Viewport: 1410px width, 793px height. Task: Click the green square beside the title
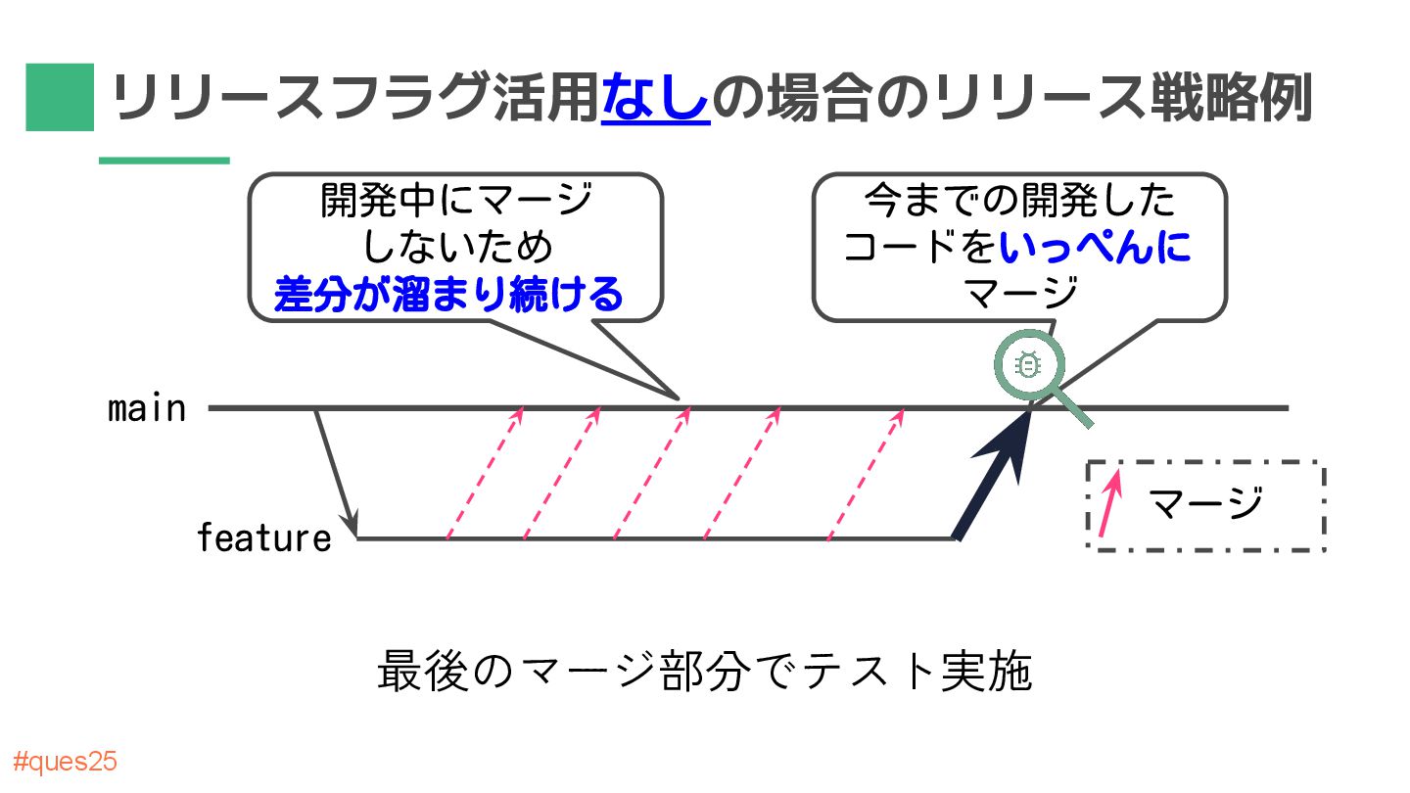(60, 97)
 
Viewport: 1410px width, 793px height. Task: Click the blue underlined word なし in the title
(655, 98)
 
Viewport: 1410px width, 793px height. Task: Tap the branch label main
(147, 408)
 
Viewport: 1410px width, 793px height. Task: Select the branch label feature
(263, 537)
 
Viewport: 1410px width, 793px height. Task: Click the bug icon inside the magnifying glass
(1028, 365)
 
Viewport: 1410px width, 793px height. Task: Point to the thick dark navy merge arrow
(994, 475)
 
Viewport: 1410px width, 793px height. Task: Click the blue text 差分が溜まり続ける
(448, 294)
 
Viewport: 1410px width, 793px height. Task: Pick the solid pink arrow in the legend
(1108, 506)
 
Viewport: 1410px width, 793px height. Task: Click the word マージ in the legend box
(1206, 504)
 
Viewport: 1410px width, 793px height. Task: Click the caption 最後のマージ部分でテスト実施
(704, 674)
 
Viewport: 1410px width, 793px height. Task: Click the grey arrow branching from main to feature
(334, 470)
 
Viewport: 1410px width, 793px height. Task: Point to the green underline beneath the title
(164, 161)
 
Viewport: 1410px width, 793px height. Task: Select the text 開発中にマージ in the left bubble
(456, 202)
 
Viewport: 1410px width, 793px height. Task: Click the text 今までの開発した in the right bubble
(1019, 202)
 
